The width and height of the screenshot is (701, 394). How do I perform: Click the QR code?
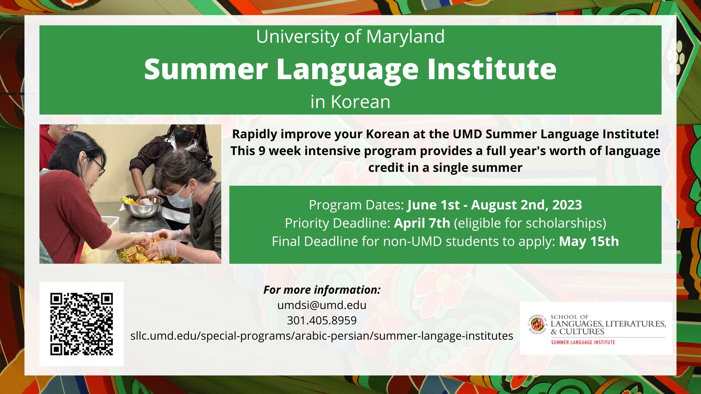81,324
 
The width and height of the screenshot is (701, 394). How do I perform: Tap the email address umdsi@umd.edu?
322,305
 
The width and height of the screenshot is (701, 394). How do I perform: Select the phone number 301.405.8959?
322,320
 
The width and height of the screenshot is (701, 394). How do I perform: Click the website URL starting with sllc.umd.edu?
322,336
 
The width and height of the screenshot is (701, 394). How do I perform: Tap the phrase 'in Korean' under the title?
350,102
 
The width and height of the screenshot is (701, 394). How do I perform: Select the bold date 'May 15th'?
589,242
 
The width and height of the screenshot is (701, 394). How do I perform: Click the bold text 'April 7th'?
422,223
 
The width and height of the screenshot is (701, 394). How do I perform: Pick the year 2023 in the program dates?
567,205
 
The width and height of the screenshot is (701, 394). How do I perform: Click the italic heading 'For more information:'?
322,290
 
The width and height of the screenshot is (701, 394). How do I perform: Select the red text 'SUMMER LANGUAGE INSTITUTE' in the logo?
583,342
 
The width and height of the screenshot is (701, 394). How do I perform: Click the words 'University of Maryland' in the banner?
350,36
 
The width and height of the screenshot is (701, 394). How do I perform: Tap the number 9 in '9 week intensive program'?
262,151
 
